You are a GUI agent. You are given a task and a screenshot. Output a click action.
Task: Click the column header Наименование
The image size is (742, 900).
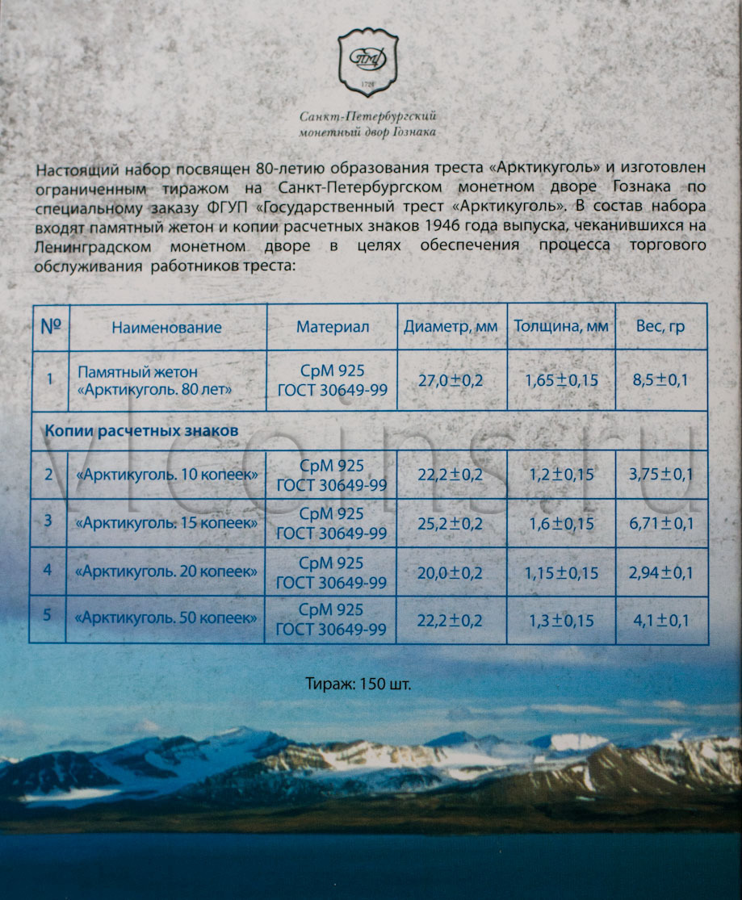coord(166,327)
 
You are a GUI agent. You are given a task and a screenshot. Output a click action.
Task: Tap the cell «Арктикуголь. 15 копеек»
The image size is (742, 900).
coord(166,522)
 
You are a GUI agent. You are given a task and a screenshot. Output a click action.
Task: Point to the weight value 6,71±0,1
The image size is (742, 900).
coord(661,523)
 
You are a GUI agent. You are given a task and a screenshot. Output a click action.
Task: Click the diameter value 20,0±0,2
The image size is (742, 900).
coord(451,572)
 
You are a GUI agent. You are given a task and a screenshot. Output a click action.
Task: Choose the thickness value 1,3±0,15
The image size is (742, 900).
coord(560,620)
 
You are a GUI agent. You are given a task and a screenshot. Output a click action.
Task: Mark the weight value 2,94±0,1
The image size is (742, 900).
coord(661,572)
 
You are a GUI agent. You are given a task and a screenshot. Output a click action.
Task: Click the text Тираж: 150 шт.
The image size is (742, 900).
coord(371,684)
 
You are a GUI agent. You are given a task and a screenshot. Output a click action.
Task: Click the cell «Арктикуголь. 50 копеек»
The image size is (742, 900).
coord(166,618)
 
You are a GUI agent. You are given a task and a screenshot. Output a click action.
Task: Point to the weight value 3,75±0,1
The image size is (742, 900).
coord(661,474)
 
